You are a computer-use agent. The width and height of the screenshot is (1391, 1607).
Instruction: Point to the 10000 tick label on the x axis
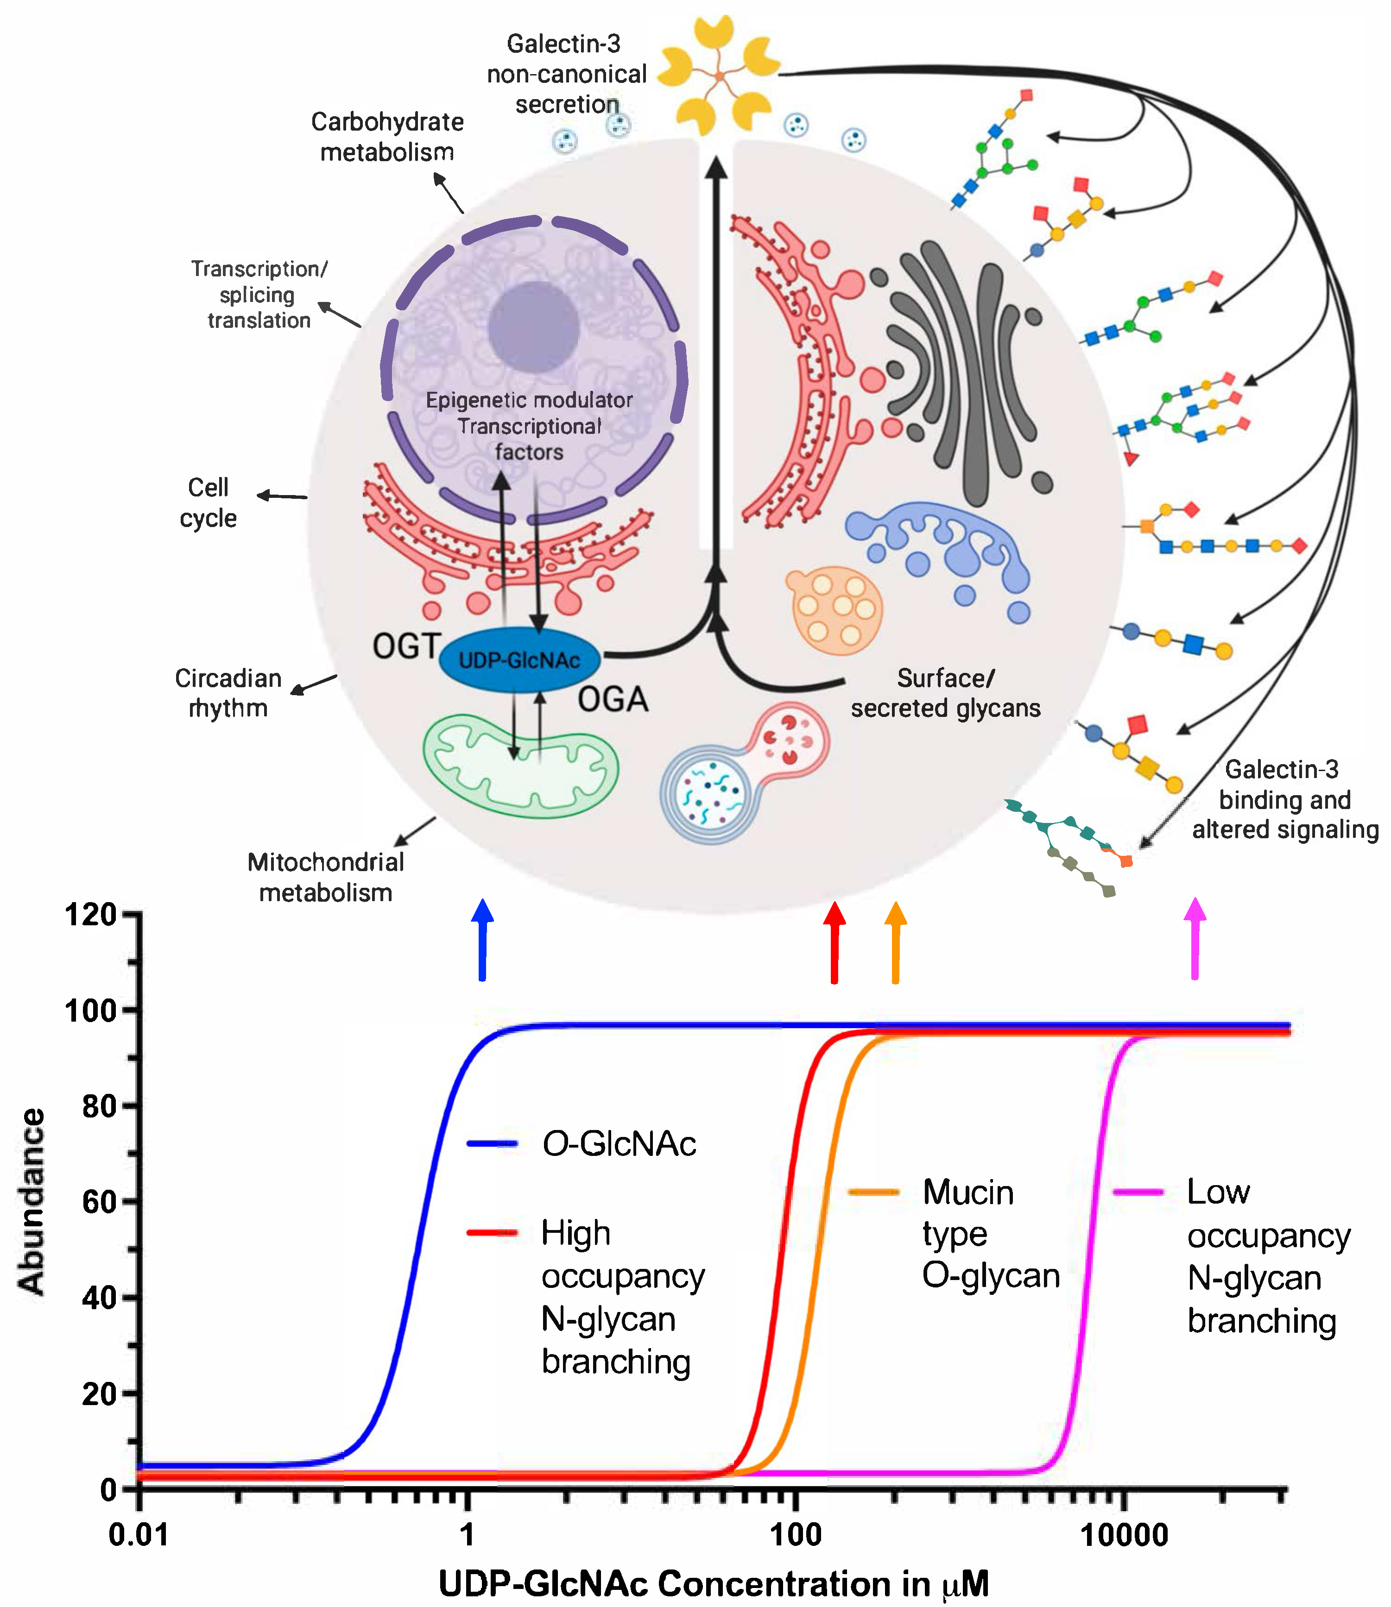tap(1124, 1535)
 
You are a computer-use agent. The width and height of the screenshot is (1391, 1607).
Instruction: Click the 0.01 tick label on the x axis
tap(138, 1535)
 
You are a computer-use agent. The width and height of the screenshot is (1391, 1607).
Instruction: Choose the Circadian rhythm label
tap(228, 693)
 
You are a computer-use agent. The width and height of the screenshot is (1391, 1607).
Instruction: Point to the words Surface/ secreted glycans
tap(945, 693)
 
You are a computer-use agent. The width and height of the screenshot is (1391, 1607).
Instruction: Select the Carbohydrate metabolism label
tap(387, 137)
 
